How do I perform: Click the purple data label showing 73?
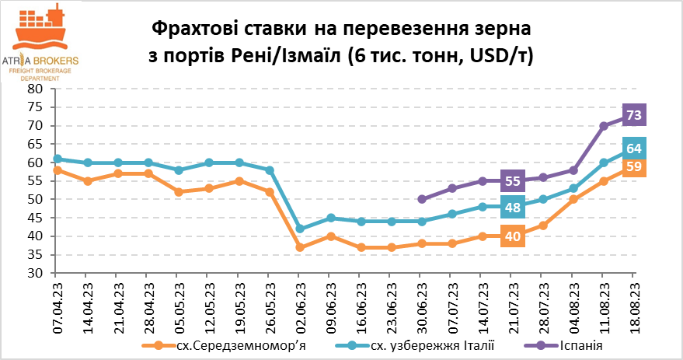coord(633,115)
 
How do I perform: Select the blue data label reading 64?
coord(633,149)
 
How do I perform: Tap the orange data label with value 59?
coord(633,166)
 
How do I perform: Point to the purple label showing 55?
coord(512,181)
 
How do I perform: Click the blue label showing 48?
coord(512,208)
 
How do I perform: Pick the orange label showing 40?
coord(512,236)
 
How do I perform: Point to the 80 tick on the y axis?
coord(35,89)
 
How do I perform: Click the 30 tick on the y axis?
coord(35,274)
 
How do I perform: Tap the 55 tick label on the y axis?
coord(35,181)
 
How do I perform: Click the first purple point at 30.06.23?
coord(421,199)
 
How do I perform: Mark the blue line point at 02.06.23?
coord(300,229)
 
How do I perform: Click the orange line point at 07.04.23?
coord(57,170)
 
